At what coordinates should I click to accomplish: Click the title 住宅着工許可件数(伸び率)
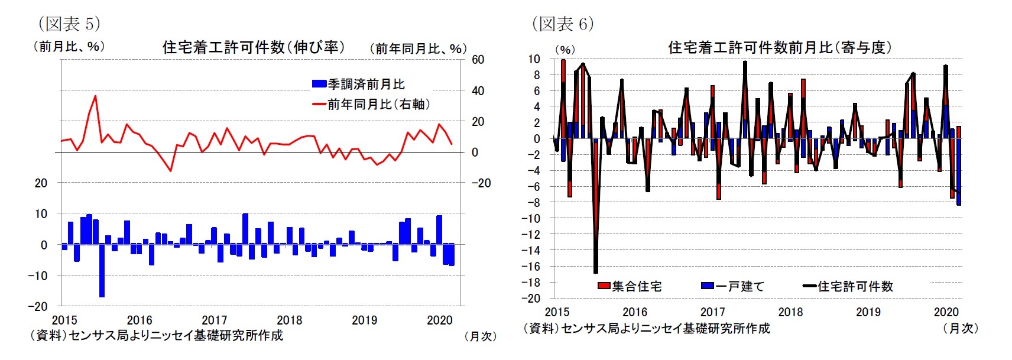tap(254, 47)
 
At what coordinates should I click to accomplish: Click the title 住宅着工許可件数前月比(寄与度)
tap(780, 47)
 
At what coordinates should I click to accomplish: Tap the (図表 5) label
tap(69, 24)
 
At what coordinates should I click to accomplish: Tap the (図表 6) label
tap(563, 24)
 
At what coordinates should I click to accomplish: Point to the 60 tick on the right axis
tap(478, 60)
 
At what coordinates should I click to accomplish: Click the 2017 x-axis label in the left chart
tap(214, 320)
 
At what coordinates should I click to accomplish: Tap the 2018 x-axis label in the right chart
tap(790, 312)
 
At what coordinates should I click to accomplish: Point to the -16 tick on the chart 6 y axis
tap(531, 267)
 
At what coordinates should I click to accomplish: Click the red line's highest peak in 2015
tap(95, 96)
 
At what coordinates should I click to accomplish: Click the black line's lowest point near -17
tap(595, 273)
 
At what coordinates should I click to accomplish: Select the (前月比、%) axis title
tap(69, 46)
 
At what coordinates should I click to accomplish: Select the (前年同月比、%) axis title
tap(418, 48)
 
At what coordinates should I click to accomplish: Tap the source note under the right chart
tap(646, 328)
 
